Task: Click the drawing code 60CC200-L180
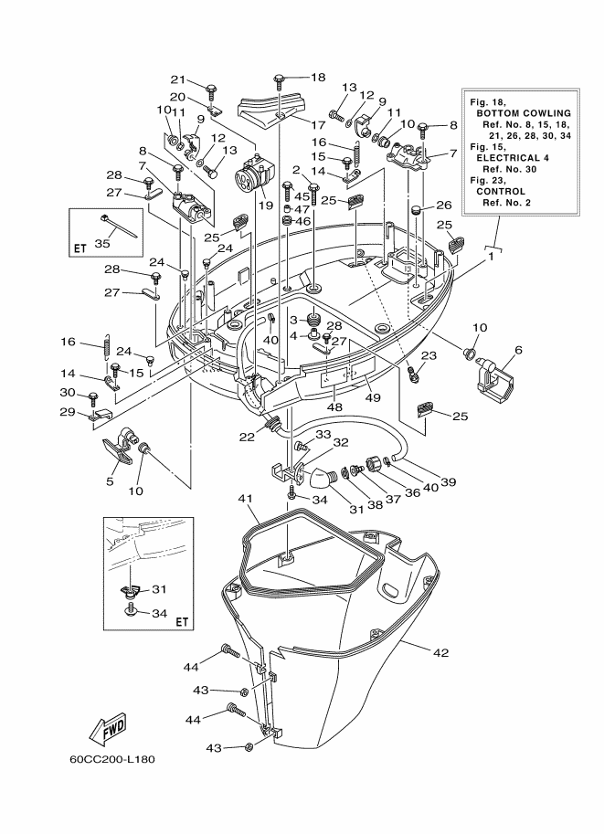[112, 759]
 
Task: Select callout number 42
[441, 652]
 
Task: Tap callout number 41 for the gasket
[245, 499]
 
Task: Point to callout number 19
[266, 206]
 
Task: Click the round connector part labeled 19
[254, 174]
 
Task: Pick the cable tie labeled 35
[119, 226]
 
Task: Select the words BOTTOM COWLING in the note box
[524, 113]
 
